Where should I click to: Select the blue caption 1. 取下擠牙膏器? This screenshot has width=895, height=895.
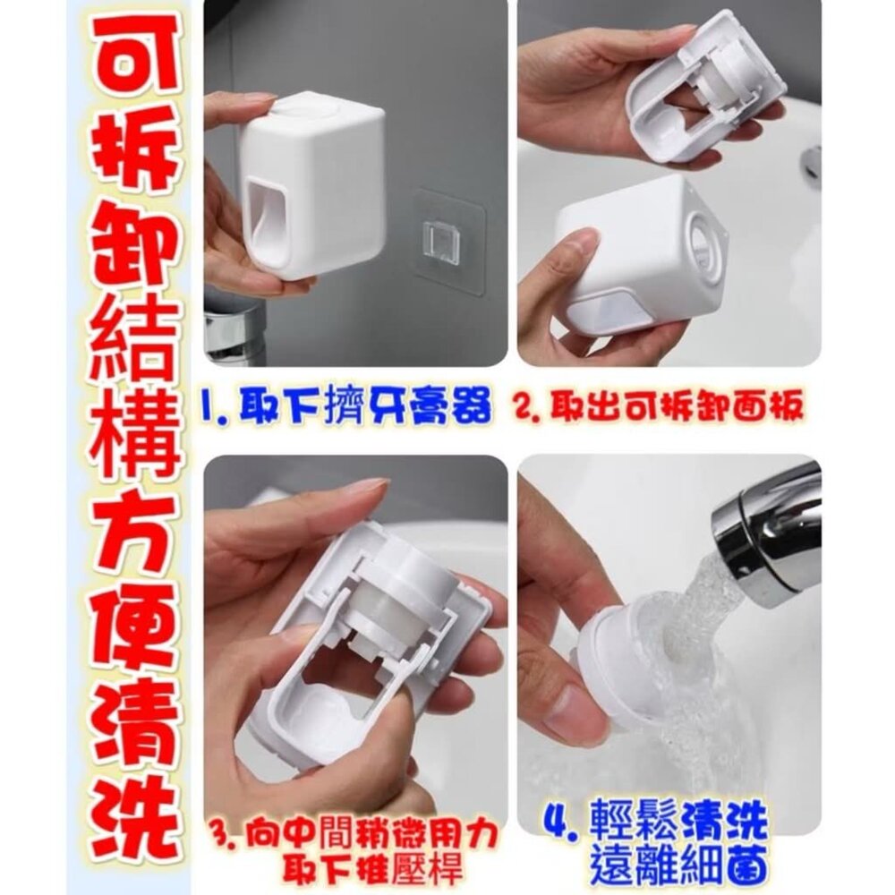coord(345,407)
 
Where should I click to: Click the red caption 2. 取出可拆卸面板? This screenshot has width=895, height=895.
coord(660,406)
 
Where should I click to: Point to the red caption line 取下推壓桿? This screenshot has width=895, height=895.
coord(375,869)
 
